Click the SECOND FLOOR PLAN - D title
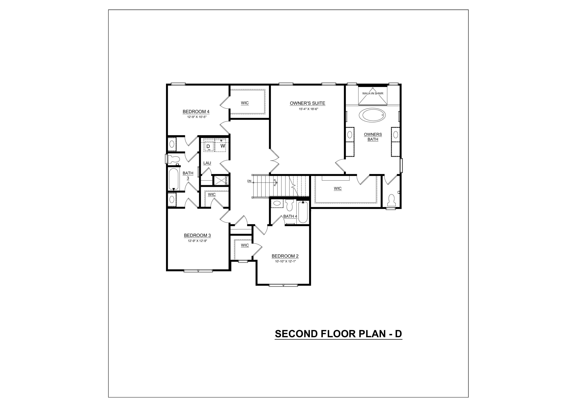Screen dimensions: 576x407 click(338, 334)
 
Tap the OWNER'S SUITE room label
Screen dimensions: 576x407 click(307, 103)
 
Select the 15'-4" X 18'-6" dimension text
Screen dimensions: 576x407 click(308, 109)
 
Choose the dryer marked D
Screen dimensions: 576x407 click(208, 146)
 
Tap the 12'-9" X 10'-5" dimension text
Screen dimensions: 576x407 click(197, 117)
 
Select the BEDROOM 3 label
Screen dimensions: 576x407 click(197, 235)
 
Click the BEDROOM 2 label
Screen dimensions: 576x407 click(285, 256)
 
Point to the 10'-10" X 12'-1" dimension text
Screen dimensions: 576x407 click(286, 261)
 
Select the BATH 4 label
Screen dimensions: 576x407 click(290, 216)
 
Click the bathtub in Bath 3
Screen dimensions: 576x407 click(174, 179)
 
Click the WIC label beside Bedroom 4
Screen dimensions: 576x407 click(245, 103)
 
